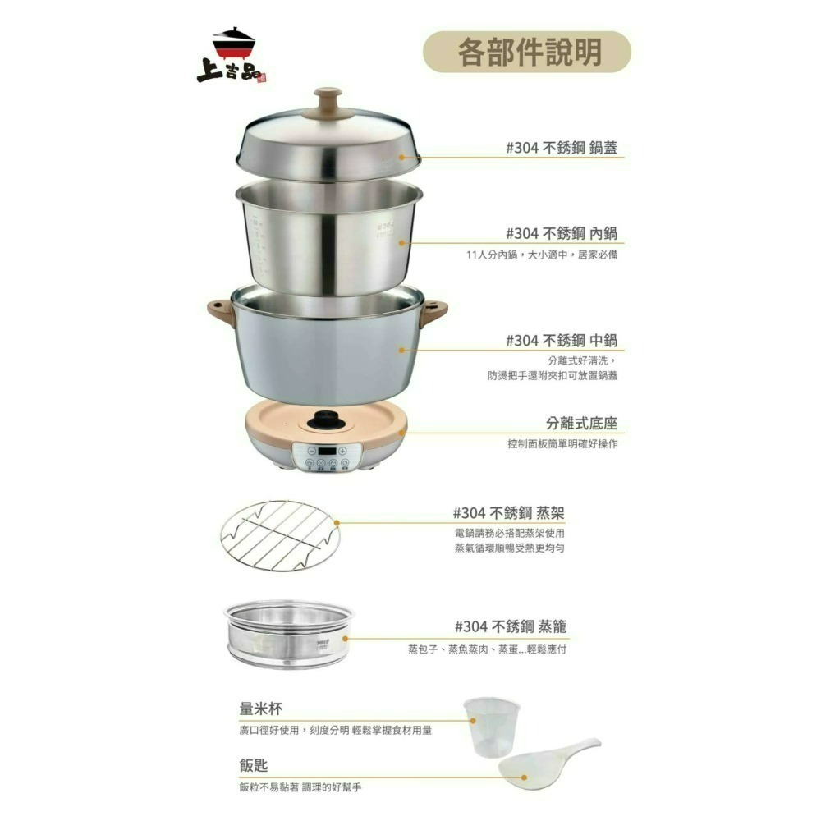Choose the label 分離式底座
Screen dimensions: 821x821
click(581, 424)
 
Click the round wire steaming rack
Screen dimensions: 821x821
click(280, 535)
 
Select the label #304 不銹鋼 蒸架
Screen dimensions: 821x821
click(509, 513)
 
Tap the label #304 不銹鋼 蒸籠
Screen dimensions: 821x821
click(510, 626)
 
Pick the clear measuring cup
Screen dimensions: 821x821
click(490, 726)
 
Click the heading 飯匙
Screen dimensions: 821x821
click(254, 766)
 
